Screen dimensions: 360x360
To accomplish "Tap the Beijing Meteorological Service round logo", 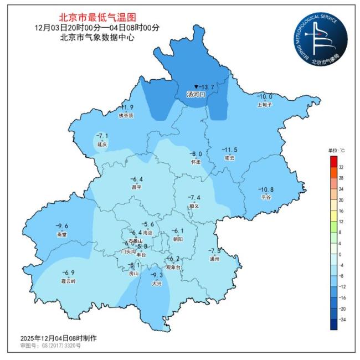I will click(320, 38).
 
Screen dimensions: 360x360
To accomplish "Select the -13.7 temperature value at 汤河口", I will click(205, 87).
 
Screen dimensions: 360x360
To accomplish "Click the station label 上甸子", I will click(265, 104).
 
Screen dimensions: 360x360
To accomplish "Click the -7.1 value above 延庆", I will click(102, 136).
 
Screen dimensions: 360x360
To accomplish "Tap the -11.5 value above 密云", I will click(229, 150).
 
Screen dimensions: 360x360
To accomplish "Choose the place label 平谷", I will click(266, 197).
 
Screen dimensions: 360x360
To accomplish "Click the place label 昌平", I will click(136, 187).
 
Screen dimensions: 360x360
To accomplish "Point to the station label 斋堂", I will click(61, 234).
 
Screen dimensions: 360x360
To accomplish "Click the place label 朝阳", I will click(177, 239).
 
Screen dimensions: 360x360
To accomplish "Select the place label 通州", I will click(214, 259).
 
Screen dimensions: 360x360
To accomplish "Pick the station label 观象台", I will click(174, 267).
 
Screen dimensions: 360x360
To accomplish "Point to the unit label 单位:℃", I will click(336, 151).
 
